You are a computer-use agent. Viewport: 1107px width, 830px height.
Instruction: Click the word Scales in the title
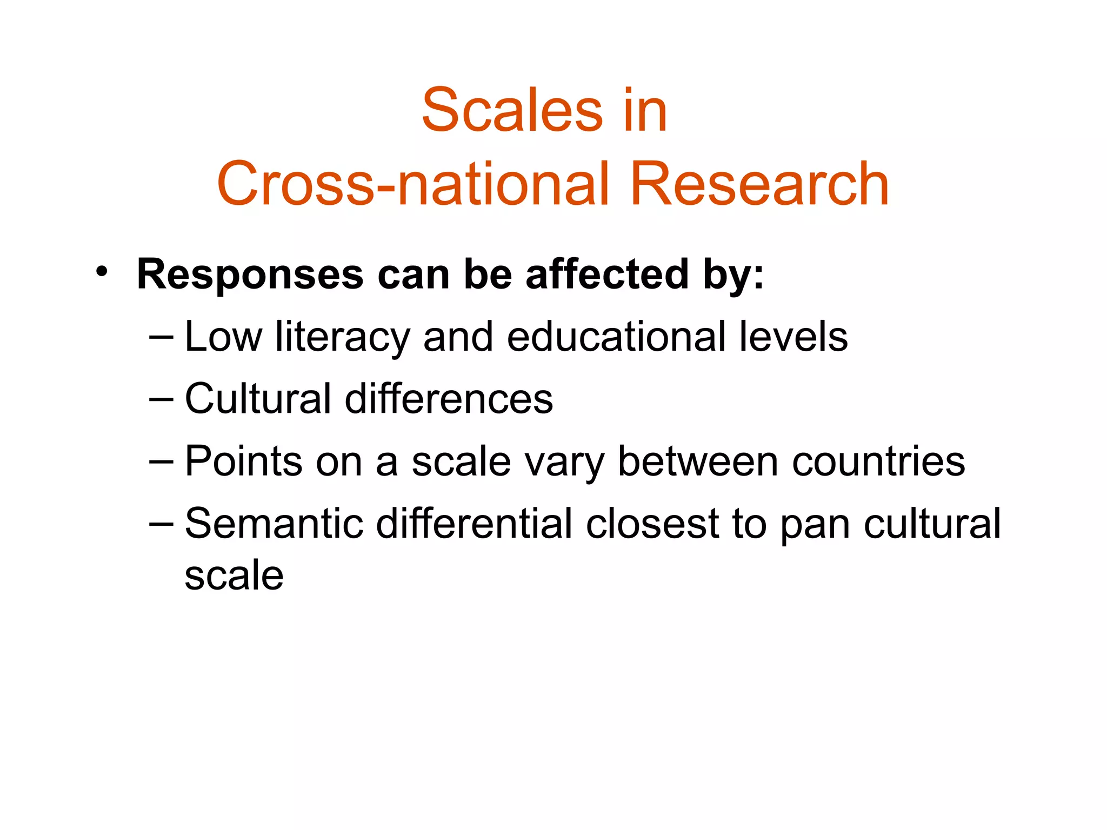512,111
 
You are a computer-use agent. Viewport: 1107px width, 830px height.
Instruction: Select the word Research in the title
759,184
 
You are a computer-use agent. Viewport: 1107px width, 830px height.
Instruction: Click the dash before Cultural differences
161,399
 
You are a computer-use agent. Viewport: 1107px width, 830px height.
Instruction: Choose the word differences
449,399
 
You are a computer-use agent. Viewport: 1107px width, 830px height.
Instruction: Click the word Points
243,461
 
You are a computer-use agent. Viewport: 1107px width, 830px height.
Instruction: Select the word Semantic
274,524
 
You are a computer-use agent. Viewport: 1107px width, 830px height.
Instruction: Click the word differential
474,524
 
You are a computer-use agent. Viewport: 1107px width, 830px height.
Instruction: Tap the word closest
652,524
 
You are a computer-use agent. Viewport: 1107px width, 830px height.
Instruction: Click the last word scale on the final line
234,575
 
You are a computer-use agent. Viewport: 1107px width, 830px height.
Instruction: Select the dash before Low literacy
161,337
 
